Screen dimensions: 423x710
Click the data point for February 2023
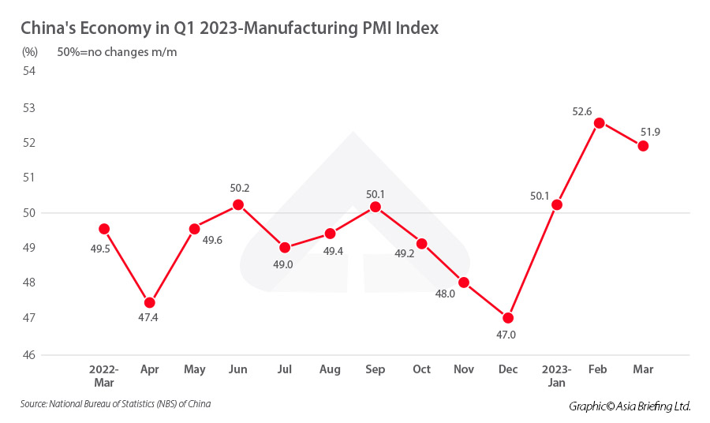(x=600, y=123)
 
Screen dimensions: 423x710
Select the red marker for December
(x=508, y=318)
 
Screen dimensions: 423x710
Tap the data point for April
(x=150, y=302)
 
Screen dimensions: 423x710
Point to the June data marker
(x=238, y=204)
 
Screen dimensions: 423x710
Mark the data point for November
(x=464, y=283)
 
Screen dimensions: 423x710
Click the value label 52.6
(x=582, y=112)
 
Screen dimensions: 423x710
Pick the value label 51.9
(x=650, y=132)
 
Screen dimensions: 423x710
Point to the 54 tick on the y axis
(x=30, y=71)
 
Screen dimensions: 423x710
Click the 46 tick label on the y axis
(x=30, y=354)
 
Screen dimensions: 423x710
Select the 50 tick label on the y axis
(x=30, y=213)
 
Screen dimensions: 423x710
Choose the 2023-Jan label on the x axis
(x=557, y=375)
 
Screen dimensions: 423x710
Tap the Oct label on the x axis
(x=421, y=369)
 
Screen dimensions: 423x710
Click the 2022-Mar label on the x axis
(x=104, y=375)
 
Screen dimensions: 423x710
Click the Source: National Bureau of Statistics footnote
(x=116, y=404)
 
